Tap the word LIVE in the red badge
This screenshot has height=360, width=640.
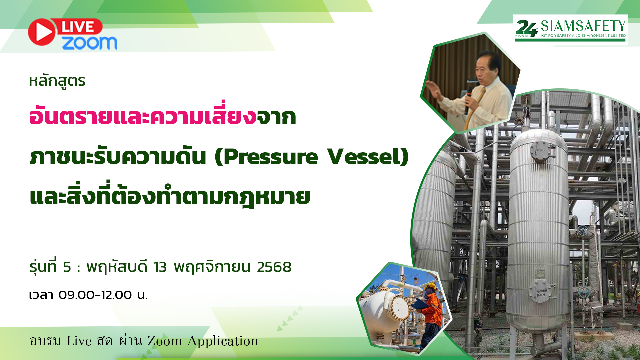78,27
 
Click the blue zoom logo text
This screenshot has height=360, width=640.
89,43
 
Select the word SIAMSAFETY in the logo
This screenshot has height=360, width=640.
583,26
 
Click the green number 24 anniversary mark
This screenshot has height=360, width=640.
526,29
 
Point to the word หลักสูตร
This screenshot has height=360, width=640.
57,81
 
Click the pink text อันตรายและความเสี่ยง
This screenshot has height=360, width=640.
143,117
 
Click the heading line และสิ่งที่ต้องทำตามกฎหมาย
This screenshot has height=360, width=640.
170,197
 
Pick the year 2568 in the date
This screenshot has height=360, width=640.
274,267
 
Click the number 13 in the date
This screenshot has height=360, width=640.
160,267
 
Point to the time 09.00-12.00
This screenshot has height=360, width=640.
95,295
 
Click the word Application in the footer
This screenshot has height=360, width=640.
223,341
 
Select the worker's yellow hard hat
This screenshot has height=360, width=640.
431,286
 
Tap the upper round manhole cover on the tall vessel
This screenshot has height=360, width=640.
540,151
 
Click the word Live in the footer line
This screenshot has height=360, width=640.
79,341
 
